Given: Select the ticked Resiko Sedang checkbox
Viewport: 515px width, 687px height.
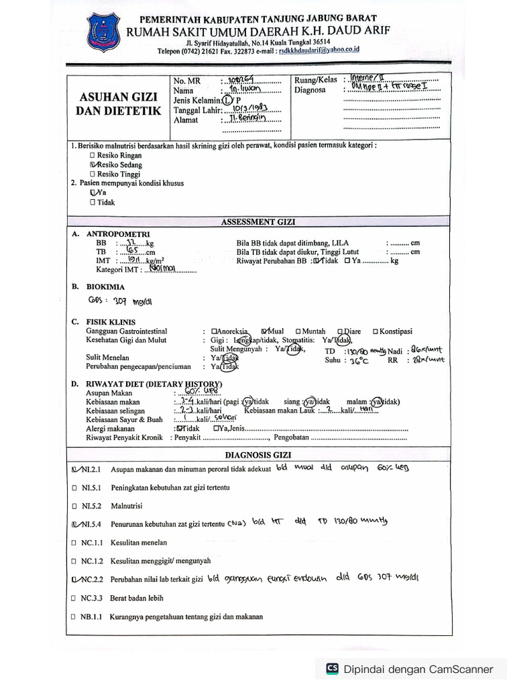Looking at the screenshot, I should [93, 164].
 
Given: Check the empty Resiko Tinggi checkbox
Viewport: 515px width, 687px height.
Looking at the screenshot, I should [93, 174].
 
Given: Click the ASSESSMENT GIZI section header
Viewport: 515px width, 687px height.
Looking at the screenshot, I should [259, 221].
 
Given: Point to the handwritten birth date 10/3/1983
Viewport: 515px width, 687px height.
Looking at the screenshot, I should [245, 109].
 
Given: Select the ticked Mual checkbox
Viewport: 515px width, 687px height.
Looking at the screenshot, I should [265, 331].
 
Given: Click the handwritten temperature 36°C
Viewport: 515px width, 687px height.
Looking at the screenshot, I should [356, 360].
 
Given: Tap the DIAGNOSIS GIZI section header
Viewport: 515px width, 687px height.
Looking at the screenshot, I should [259, 454].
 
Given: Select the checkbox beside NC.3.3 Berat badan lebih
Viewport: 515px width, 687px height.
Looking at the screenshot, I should [74, 598].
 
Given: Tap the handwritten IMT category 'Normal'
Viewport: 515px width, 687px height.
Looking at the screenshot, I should [163, 269].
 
